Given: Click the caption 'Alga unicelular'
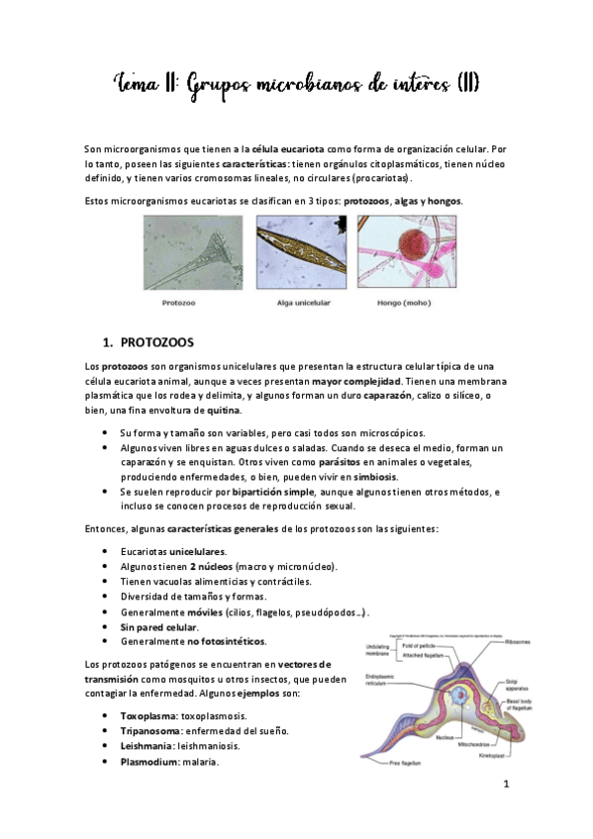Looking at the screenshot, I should click(296, 307).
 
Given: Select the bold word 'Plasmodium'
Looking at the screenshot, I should click(149, 762).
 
